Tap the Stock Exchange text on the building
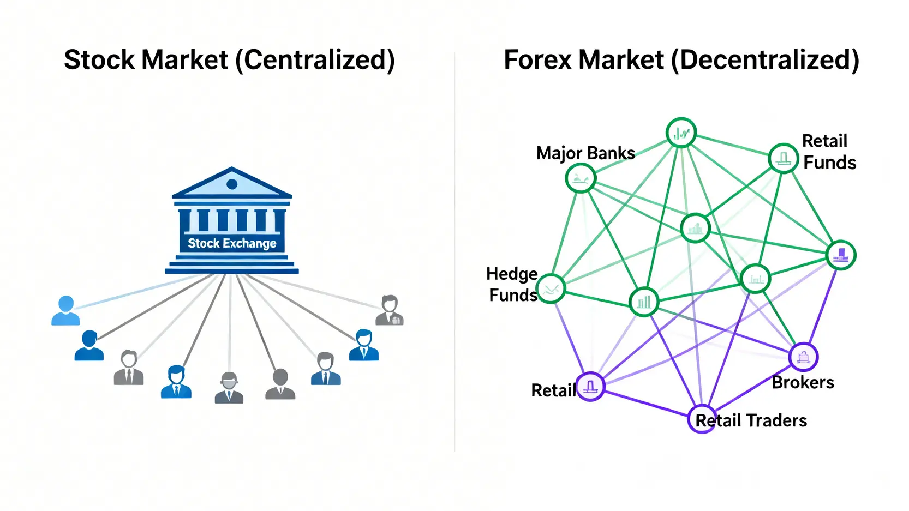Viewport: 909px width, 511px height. (232, 243)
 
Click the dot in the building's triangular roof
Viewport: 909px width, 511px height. (232, 184)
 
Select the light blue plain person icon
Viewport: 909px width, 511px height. (65, 310)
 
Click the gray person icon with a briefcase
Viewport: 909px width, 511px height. (390, 310)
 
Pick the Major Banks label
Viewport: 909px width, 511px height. (585, 153)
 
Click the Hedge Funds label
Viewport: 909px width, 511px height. (512, 284)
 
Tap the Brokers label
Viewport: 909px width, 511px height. (803, 383)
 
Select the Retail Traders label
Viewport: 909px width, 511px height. (751, 420)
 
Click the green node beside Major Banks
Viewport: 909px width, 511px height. (581, 178)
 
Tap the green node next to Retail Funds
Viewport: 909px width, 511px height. (784, 159)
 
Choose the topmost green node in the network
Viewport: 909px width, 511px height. (681, 133)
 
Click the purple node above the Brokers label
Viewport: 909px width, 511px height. (803, 357)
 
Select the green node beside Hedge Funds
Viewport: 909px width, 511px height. (551, 289)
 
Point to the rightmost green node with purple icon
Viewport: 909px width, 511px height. (841, 255)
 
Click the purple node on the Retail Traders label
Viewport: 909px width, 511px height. (702, 419)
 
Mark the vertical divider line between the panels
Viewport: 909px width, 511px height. (455, 251)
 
